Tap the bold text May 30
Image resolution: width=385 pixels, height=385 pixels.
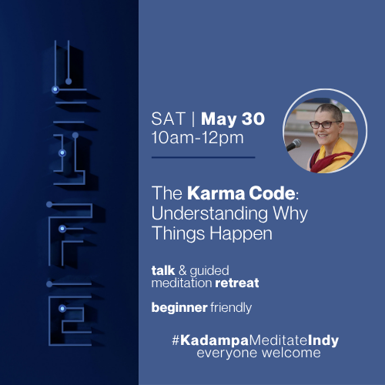point(230,119)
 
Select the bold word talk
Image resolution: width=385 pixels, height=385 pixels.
point(164,271)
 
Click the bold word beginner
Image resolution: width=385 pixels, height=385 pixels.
point(176,308)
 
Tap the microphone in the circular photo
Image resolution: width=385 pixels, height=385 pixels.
point(293,145)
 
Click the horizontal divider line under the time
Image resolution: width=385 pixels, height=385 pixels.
point(203,157)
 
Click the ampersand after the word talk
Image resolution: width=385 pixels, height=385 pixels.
point(185,271)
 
